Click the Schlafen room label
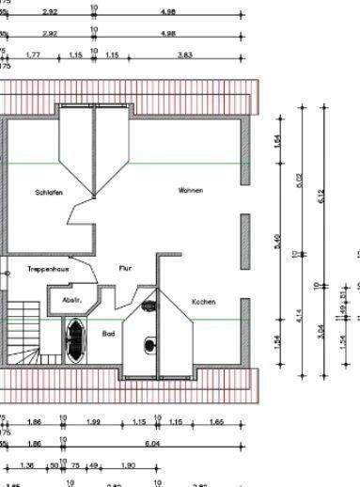[x=50, y=193]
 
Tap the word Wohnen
[x=191, y=190]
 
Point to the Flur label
[x=125, y=268]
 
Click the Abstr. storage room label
[x=71, y=300]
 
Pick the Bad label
[x=108, y=333]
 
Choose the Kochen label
[x=203, y=302]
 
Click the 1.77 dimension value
[x=33, y=55]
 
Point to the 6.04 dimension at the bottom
[x=177, y=443]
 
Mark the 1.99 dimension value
[x=93, y=422]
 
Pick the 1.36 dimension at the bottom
[x=26, y=464]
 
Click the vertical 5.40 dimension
[x=277, y=242]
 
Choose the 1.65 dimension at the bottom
[x=215, y=422]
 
